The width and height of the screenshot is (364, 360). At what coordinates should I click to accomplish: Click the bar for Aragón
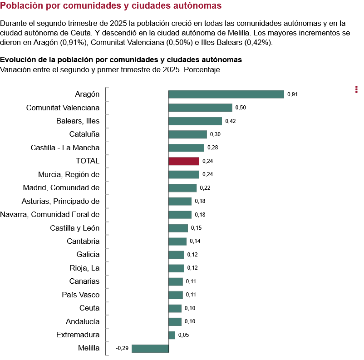click(226, 94)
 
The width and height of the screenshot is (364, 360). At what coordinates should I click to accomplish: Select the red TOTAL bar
click(184, 161)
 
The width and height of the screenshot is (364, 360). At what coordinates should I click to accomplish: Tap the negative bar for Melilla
click(150, 348)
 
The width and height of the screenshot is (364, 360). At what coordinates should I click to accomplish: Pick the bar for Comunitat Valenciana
click(200, 108)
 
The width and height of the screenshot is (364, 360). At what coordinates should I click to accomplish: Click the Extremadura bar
click(172, 335)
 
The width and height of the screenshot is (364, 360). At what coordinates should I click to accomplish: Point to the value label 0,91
click(292, 94)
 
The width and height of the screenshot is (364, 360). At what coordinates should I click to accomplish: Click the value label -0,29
click(122, 348)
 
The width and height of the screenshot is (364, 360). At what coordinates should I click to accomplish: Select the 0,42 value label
click(230, 121)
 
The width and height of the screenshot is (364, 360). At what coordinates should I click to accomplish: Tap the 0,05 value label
click(183, 335)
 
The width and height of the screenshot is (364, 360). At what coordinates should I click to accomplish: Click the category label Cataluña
click(84, 134)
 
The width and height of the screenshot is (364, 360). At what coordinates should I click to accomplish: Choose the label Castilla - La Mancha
click(65, 148)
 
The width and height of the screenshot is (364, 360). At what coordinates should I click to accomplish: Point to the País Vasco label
click(80, 295)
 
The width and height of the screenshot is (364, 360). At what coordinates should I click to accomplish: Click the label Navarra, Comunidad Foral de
click(49, 214)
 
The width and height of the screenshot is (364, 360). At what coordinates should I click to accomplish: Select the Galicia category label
click(88, 254)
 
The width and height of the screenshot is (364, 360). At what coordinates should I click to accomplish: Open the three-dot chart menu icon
click(356, 89)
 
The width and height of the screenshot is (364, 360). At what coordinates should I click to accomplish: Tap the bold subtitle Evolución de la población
click(121, 59)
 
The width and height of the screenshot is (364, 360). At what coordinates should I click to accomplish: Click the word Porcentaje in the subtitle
click(202, 69)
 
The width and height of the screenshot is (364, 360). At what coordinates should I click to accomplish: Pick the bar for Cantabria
click(177, 242)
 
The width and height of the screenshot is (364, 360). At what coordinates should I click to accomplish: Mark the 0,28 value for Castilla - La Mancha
click(213, 148)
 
